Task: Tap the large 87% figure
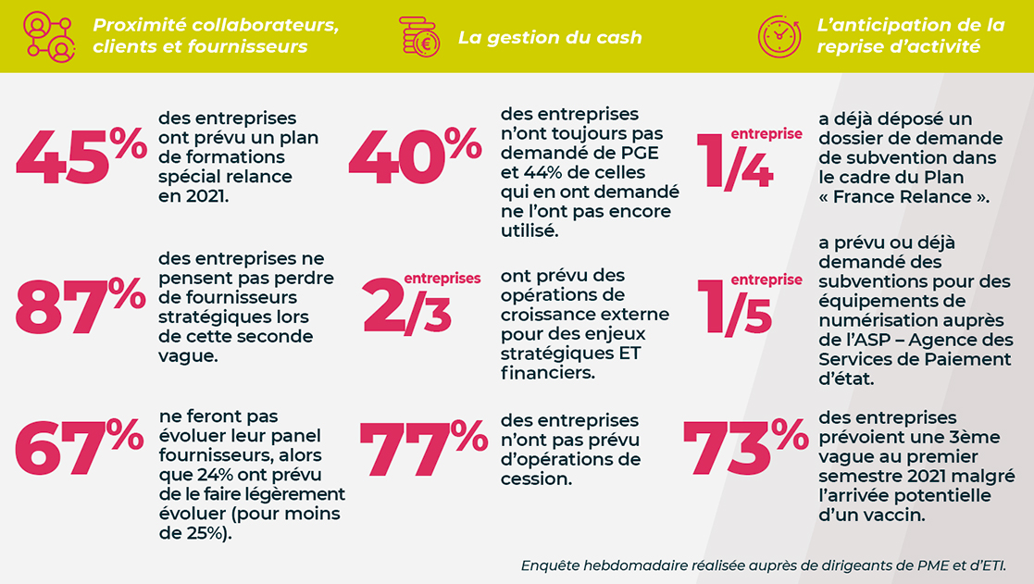(x=81, y=306)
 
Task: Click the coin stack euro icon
(x=419, y=37)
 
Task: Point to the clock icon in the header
(x=779, y=37)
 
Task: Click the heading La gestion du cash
(x=550, y=38)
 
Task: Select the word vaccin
(x=897, y=516)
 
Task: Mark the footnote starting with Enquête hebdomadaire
(x=764, y=565)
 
